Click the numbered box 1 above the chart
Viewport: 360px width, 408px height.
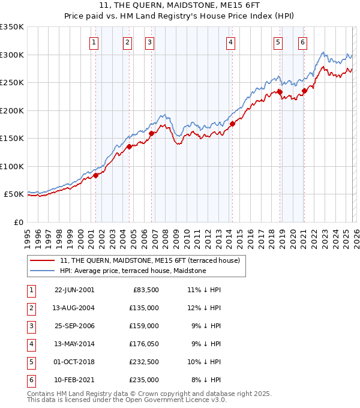[x=95, y=42]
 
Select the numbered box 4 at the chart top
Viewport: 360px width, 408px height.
[x=231, y=42]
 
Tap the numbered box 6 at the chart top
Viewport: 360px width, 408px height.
[x=303, y=42]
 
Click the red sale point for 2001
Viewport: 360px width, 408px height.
[x=95, y=176]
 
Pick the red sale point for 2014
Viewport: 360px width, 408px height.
[x=232, y=124]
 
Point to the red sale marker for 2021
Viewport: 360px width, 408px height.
[x=304, y=91]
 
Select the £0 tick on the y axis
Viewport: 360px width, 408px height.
[x=18, y=222]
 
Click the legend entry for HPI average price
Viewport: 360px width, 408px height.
[x=133, y=271]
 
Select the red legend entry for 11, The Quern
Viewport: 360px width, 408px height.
[x=149, y=260]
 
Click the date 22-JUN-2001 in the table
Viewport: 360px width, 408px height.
[x=74, y=290]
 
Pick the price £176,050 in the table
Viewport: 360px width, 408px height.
[x=143, y=344]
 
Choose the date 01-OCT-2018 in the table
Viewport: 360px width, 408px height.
[x=74, y=362]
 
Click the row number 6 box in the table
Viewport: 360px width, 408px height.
[x=31, y=380]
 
